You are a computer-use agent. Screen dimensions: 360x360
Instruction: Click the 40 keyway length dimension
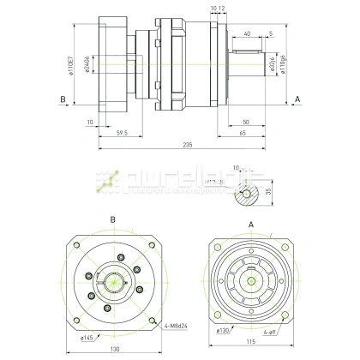point(247,33)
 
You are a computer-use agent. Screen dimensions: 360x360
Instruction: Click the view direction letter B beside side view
point(63,99)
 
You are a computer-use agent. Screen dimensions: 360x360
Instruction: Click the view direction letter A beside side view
point(297,99)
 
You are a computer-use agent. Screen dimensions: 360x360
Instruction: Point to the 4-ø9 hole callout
point(268,330)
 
